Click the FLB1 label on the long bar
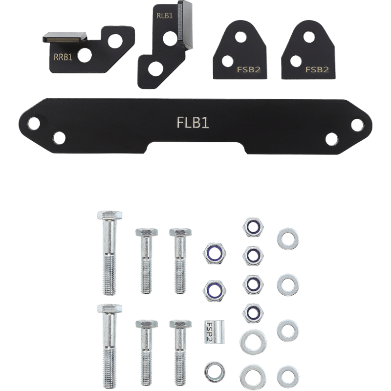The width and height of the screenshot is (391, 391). (192, 123)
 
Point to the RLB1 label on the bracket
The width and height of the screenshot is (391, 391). (165, 15)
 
